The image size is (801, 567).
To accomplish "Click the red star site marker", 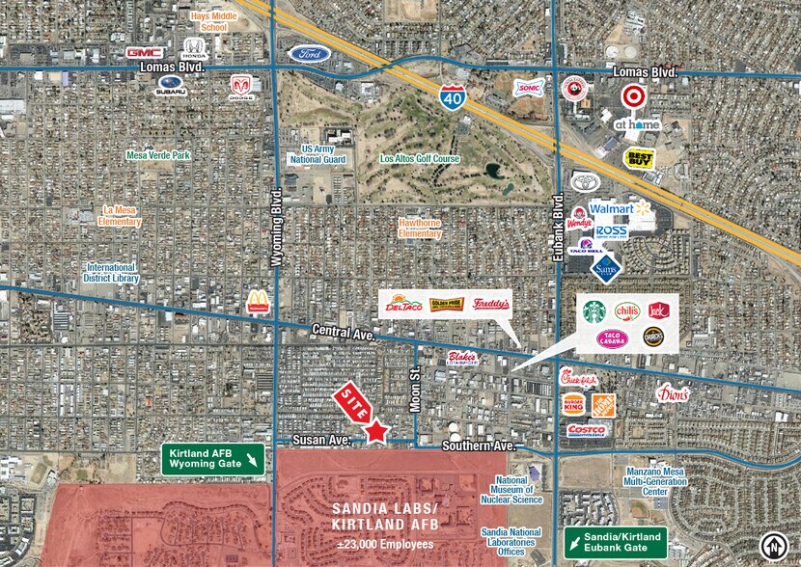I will pyautogui.click(x=376, y=432).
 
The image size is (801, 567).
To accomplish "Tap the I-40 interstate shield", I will pyautogui.click(x=450, y=95).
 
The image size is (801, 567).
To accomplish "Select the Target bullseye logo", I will pyautogui.click(x=631, y=96).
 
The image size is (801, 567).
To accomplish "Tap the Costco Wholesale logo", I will pyautogui.click(x=586, y=428).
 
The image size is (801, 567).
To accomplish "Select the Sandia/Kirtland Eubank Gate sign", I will pyautogui.click(x=615, y=542).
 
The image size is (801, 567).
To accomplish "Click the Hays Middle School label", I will pyautogui.click(x=208, y=22).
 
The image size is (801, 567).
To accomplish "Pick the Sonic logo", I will pyautogui.click(x=527, y=88).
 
